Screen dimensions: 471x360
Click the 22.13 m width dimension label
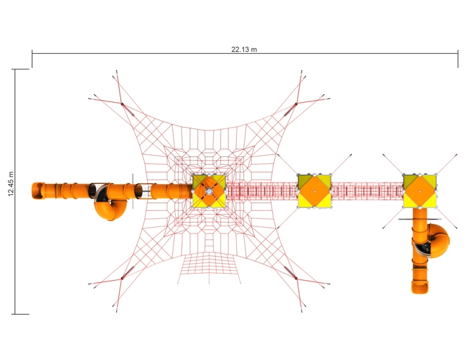click(x=244, y=49)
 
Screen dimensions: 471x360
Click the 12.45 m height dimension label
click(x=11, y=184)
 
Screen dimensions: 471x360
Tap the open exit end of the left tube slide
click(x=37, y=191)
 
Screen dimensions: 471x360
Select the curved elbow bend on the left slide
click(x=110, y=207)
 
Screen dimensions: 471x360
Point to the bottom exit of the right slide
click(x=420, y=287)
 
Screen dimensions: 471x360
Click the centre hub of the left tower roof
click(x=209, y=191)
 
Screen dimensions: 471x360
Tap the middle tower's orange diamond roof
click(x=315, y=191)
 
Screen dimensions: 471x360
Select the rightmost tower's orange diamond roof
click(x=419, y=191)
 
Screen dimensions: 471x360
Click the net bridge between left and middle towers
click(x=261, y=191)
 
